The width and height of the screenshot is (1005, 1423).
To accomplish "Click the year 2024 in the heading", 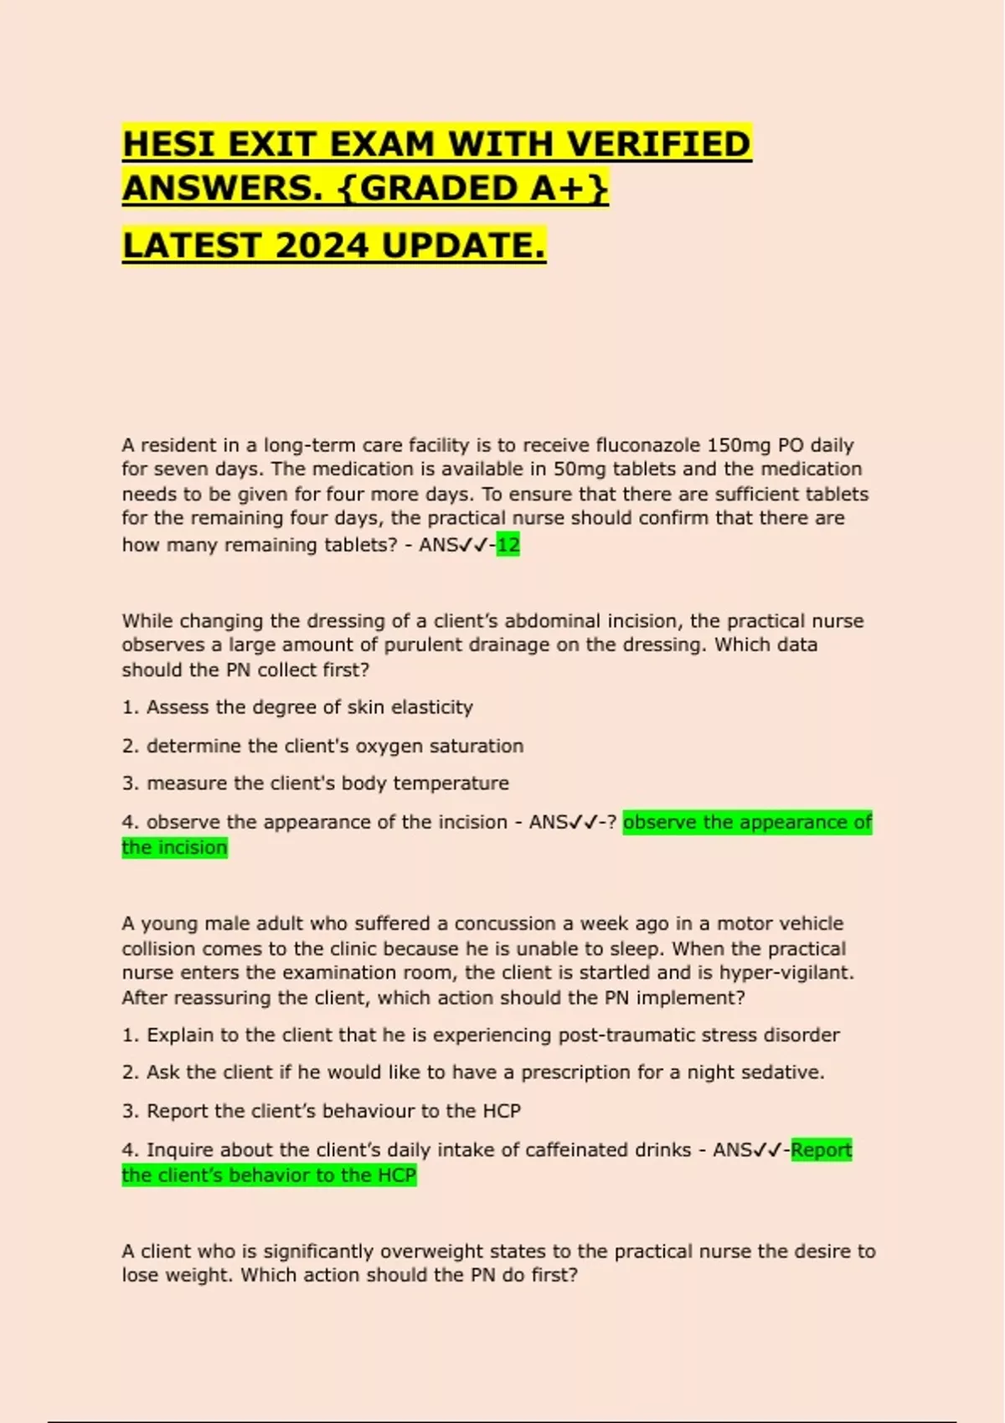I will [322, 246].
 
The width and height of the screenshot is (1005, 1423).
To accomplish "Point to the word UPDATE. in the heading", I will [463, 246].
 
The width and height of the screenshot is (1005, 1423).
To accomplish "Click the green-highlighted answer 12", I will [508, 545].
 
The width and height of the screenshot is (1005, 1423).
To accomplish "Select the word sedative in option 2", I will [787, 1072].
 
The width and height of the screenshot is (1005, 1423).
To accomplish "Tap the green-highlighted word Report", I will [822, 1150].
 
